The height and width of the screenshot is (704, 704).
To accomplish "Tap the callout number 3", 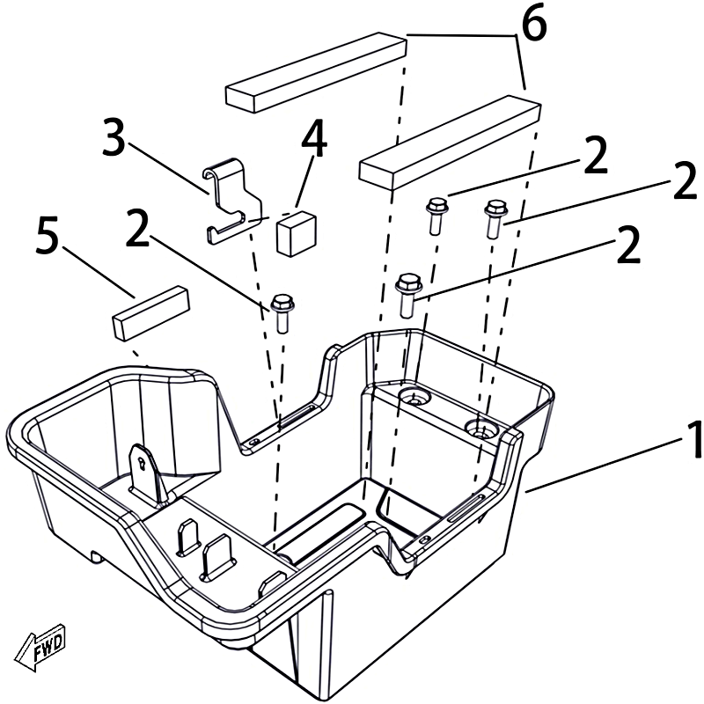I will pos(114,141).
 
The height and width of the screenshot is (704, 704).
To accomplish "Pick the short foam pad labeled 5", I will pos(150,312).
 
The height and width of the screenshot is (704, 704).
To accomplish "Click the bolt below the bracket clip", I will pos(282,312).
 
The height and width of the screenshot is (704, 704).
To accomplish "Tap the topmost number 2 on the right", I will pos(596,157).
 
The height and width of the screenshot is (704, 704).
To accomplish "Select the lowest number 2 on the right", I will pos(627,249).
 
